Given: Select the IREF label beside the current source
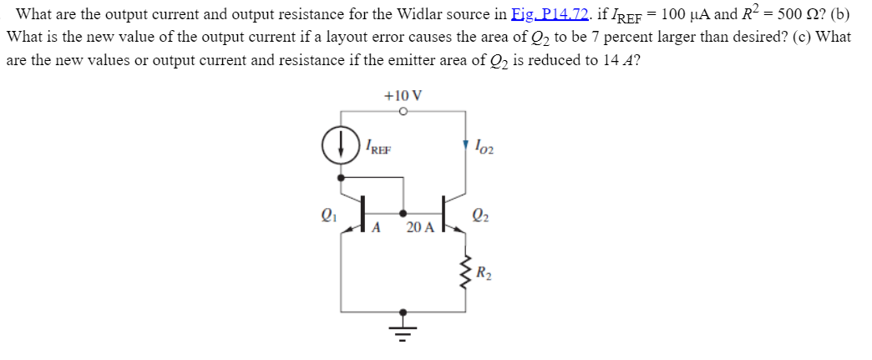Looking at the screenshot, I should coord(378,150).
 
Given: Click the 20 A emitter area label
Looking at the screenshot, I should coord(420,226).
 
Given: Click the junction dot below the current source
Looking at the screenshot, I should coord(340,177).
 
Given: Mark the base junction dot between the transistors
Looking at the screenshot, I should coord(403,212).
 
